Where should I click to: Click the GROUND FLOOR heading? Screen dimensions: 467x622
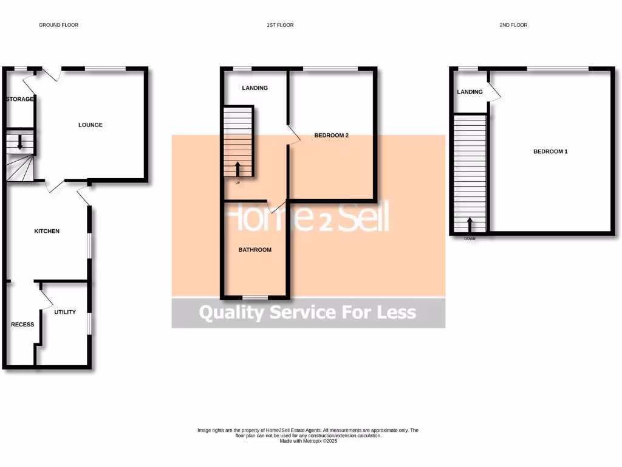(x=58, y=25)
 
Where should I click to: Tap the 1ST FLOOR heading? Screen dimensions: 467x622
(x=280, y=25)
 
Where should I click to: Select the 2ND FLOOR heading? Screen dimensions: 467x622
(x=514, y=25)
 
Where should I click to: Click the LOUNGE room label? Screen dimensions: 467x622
(x=91, y=125)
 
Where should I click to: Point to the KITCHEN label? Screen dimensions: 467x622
(x=47, y=231)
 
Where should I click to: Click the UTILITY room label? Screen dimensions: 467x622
(x=65, y=312)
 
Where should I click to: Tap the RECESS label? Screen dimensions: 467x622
(x=22, y=324)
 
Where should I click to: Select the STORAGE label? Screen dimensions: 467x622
(x=19, y=99)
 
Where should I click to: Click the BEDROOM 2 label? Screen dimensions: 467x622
(x=331, y=136)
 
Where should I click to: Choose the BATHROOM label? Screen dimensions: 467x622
(x=255, y=249)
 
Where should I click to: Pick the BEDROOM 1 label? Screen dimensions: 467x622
(x=550, y=151)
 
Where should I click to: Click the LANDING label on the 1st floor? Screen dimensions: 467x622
(x=255, y=88)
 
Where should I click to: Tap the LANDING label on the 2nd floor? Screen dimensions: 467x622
(x=470, y=92)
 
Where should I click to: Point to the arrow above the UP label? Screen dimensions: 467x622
(x=238, y=168)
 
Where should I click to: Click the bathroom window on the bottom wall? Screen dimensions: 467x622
(x=255, y=297)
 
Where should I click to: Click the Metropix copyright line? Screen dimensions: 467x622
(x=308, y=441)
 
